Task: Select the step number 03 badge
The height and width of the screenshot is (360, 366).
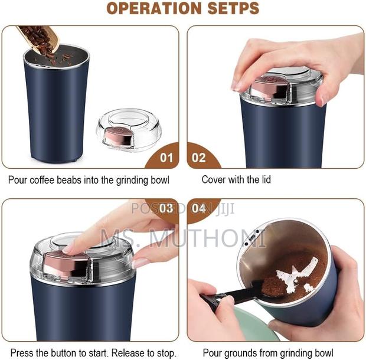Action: click(167, 208)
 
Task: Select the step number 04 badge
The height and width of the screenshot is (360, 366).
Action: click(199, 208)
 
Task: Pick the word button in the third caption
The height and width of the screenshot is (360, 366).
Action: click(74, 353)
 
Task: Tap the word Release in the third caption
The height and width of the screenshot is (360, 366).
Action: click(126, 353)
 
